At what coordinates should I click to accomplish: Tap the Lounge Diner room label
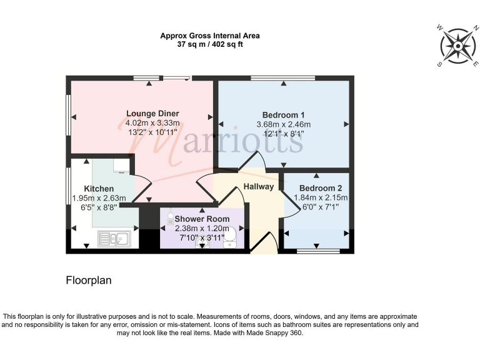click(x=148, y=113)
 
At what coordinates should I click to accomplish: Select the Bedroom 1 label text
click(x=283, y=114)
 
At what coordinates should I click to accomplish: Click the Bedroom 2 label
click(x=321, y=187)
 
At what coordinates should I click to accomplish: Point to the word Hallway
click(x=259, y=186)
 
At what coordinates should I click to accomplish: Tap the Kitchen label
click(x=99, y=188)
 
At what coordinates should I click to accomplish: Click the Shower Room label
click(x=201, y=219)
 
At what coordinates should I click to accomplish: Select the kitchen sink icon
click(x=114, y=238)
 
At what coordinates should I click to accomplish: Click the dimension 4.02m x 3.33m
click(x=148, y=123)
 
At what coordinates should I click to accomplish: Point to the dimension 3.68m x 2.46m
click(x=283, y=124)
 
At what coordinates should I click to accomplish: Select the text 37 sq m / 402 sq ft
click(x=209, y=45)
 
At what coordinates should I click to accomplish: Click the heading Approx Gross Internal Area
click(x=209, y=36)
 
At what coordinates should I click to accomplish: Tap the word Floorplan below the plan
click(x=89, y=281)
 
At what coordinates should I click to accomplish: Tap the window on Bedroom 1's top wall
click(x=282, y=78)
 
